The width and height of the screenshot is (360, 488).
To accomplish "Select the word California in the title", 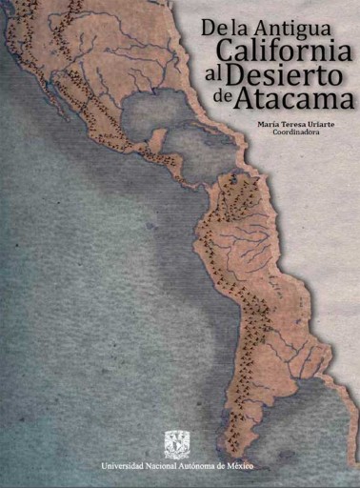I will coord(284,52).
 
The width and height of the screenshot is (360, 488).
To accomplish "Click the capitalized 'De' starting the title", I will coord(214,30).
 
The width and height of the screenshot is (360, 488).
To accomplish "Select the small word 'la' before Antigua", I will coord(238,30).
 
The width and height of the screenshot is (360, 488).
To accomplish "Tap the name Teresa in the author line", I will coord(299,123).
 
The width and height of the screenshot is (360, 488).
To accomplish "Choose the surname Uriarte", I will coord(330,123).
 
